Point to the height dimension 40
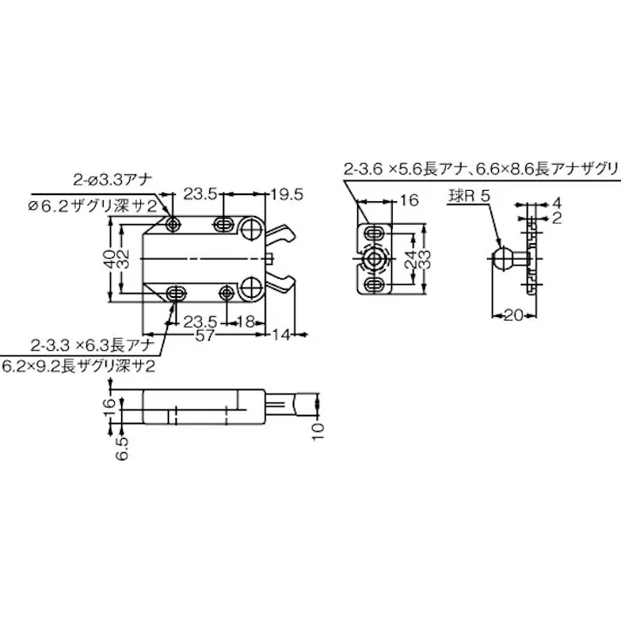click(106, 259)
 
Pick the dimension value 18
click(246, 321)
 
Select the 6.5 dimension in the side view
click(122, 445)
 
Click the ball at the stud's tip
click(500, 258)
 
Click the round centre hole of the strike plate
click(376, 259)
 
